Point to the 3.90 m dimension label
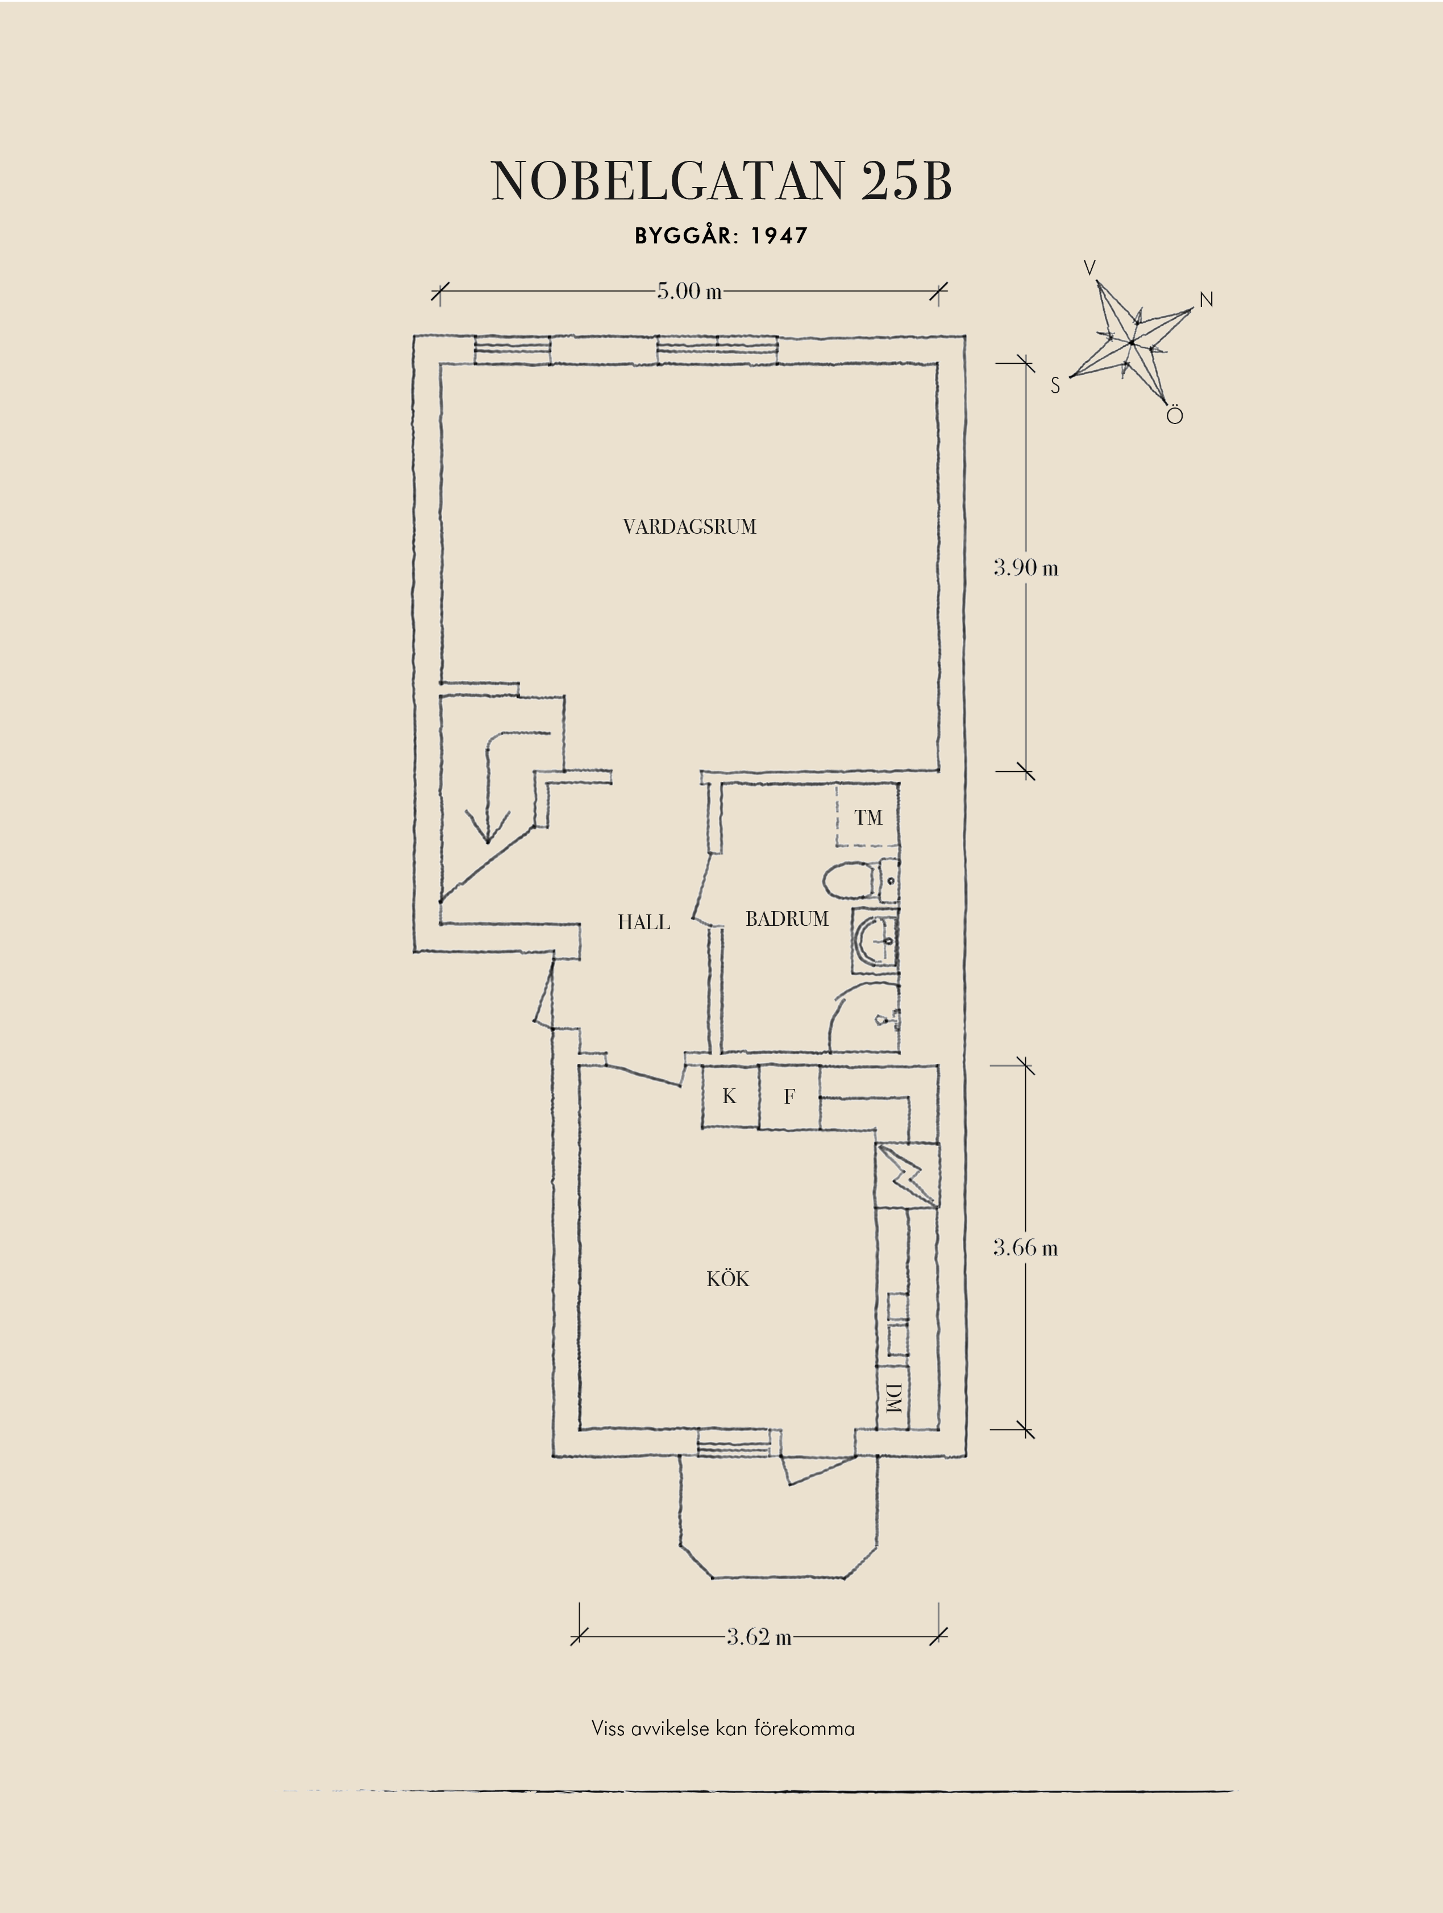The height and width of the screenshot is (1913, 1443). click(1025, 568)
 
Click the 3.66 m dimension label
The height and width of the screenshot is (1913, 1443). click(1025, 1248)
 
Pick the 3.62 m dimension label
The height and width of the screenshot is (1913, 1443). click(758, 1637)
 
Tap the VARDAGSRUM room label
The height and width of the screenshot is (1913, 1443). click(689, 527)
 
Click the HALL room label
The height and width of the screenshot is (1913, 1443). click(643, 923)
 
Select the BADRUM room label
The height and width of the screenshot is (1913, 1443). click(787, 920)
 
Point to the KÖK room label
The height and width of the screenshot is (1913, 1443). click(727, 1279)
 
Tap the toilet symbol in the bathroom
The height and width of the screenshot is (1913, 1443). click(851, 882)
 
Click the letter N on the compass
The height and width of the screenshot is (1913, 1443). click(1206, 300)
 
